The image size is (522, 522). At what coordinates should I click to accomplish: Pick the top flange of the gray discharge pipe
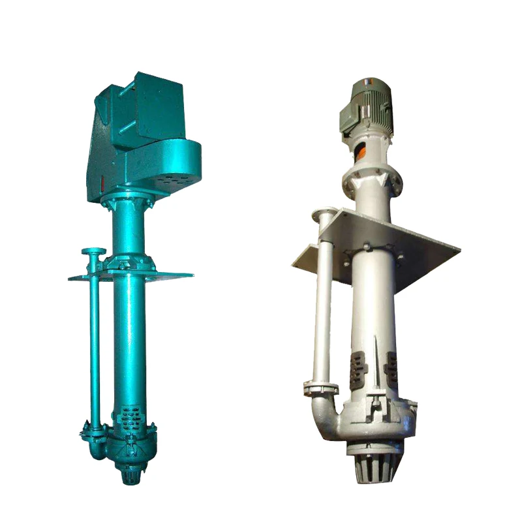324,213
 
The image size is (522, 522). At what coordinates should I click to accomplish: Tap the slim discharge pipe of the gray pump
322,307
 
